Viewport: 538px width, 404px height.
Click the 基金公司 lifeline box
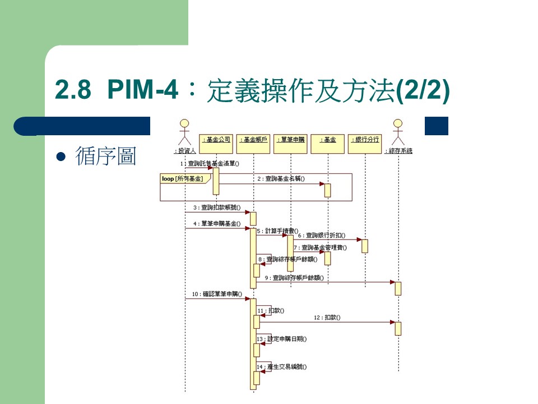pyautogui.click(x=216, y=140)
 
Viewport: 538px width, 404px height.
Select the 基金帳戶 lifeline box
pyautogui.click(x=253, y=140)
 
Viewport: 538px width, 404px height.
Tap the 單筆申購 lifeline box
pyautogui.click(x=290, y=140)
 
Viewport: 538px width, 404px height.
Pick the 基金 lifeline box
pyautogui.click(x=327, y=140)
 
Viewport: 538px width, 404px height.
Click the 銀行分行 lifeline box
pyautogui.click(x=364, y=140)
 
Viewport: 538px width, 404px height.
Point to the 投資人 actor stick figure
pyautogui.click(x=184, y=132)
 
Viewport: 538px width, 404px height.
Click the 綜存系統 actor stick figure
pyautogui.click(x=398, y=132)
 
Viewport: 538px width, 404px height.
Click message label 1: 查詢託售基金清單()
pyautogui.click(x=210, y=164)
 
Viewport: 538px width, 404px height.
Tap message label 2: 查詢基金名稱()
pyautogui.click(x=281, y=179)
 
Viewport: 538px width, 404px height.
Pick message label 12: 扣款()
pyautogui.click(x=327, y=318)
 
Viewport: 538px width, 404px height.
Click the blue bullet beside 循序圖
pyautogui.click(x=62, y=157)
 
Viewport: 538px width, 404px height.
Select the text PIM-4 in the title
pyautogui.click(x=142, y=90)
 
